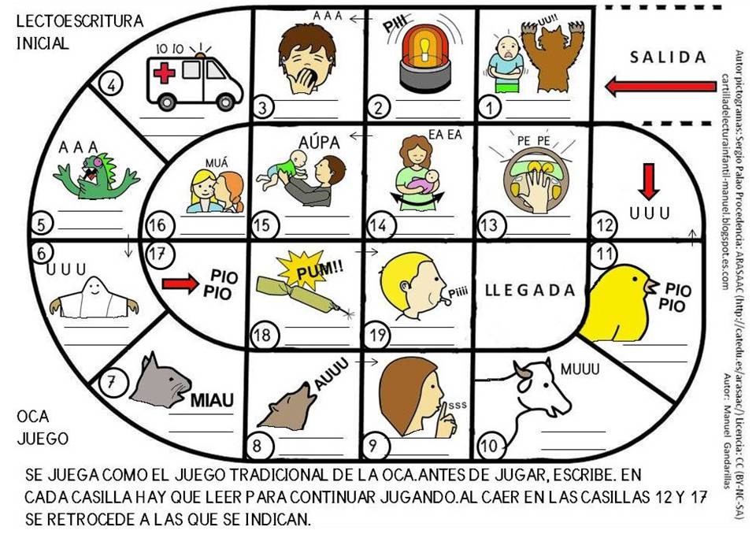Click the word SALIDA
point(668,57)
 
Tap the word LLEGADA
point(530,290)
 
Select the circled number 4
point(111,85)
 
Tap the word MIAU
point(212,400)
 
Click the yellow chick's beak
point(652,286)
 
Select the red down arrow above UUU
point(648,181)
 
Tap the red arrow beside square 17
point(180,284)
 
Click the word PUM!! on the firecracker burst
point(319,271)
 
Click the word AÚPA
point(319,143)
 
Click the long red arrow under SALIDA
point(661,87)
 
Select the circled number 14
point(379,225)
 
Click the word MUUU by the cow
point(580,369)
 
